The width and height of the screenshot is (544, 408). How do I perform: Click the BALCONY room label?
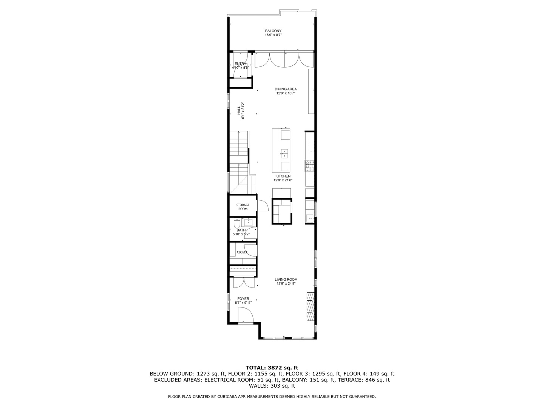coord(273,31)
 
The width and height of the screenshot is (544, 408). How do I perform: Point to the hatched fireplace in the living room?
coord(310,307)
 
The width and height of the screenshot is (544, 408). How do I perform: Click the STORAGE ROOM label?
coord(243,207)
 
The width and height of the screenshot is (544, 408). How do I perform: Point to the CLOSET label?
coord(242,252)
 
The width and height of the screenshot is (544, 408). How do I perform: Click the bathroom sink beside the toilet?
coord(249,222)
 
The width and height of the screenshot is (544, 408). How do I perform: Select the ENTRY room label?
coord(240,63)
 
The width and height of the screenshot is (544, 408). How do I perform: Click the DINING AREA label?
coord(286,89)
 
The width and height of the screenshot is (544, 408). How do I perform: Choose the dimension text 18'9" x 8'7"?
coord(273,35)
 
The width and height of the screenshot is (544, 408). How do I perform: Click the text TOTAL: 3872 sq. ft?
coord(272,367)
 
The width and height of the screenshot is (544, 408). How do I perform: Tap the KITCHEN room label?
coord(283,176)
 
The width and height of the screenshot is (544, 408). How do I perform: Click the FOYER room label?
coord(243,298)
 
